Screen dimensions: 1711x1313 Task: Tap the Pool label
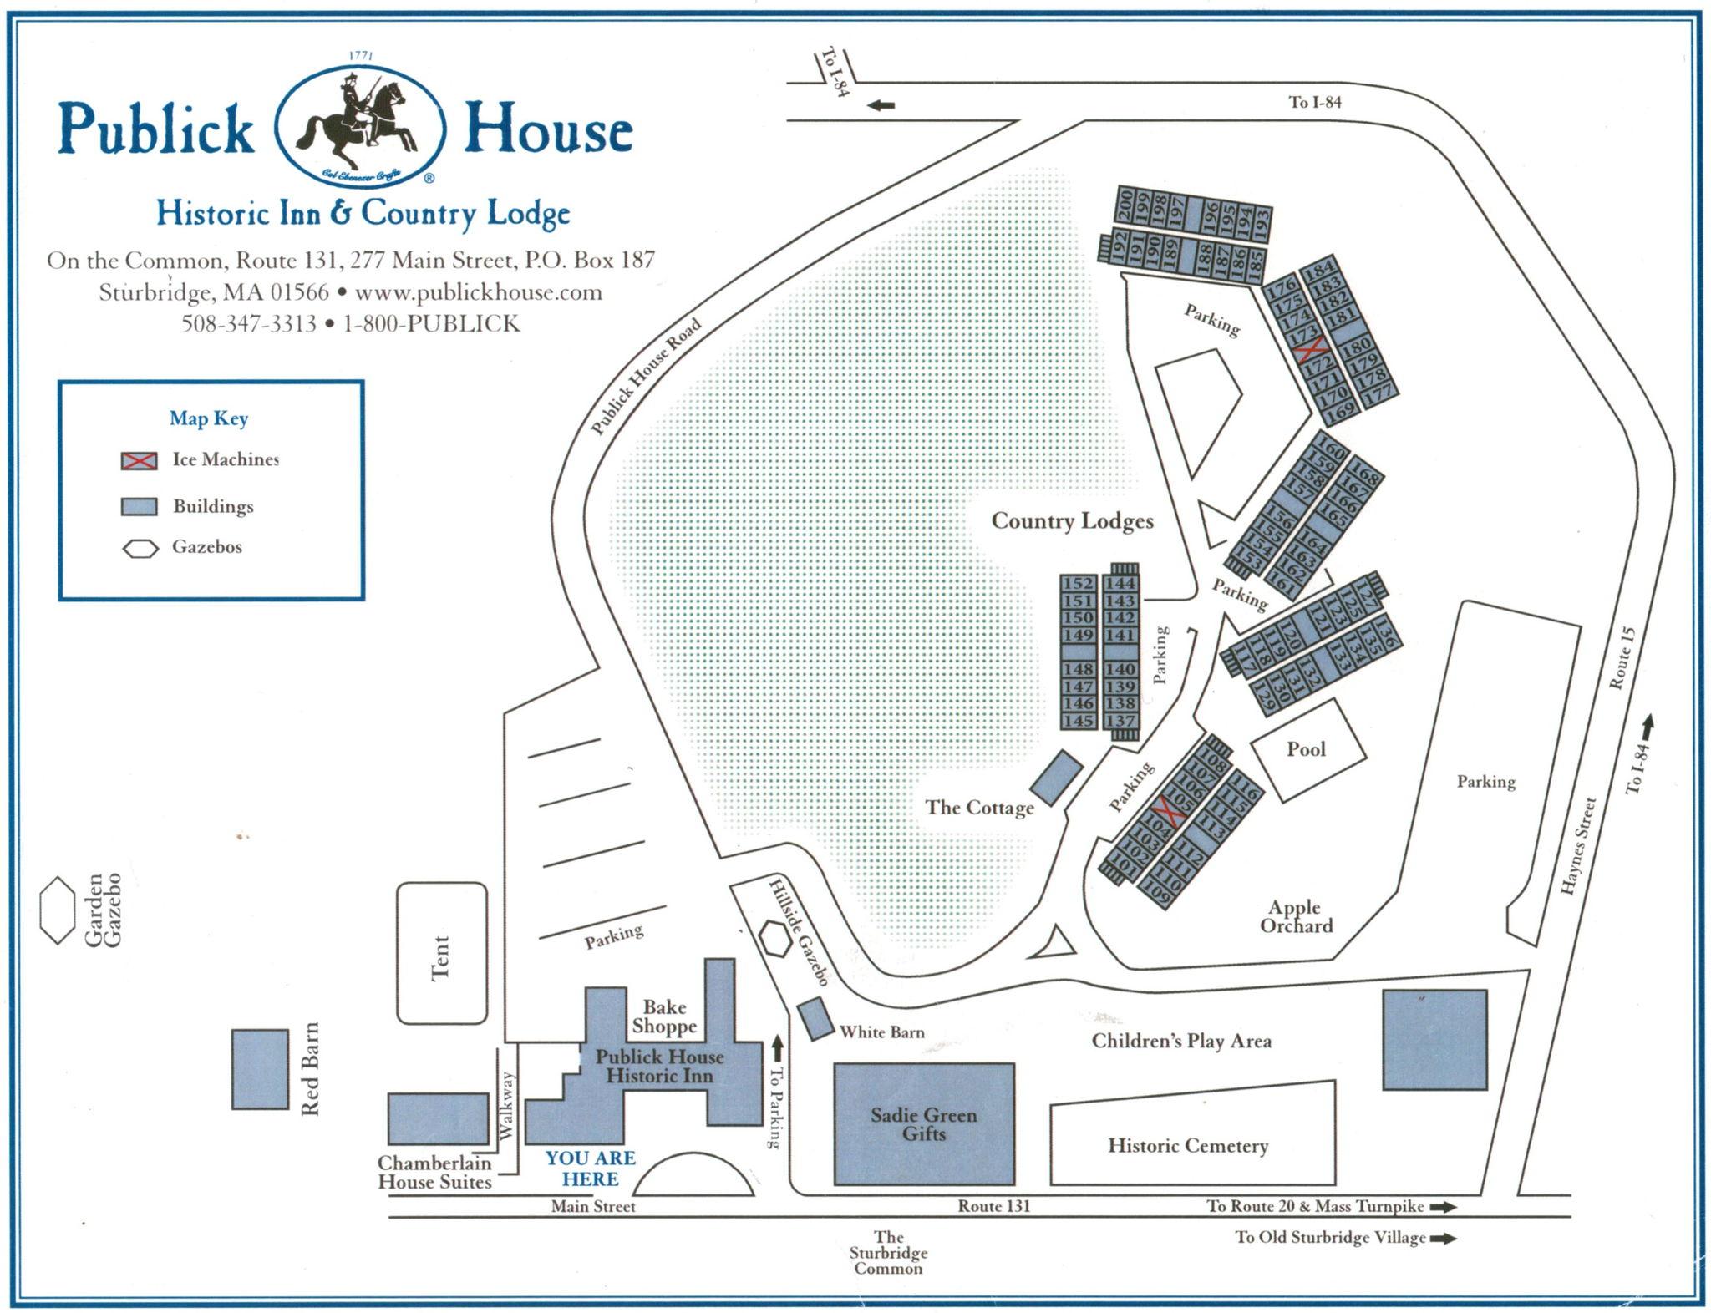(1306, 749)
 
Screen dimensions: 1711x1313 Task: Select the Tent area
(442, 953)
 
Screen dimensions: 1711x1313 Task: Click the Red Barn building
(260, 1069)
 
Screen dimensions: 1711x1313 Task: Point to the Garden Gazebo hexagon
(58, 910)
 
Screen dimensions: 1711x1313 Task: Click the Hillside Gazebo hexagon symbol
(776, 940)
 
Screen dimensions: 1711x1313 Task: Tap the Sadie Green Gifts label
(923, 1124)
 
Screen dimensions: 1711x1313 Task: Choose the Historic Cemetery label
(1188, 1145)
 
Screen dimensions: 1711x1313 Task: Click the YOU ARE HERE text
(591, 1169)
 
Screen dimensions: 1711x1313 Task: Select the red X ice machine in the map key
(139, 460)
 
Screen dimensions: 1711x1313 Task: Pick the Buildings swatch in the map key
(139, 507)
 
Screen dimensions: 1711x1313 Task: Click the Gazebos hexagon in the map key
(140, 549)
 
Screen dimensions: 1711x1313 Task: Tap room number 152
(1078, 583)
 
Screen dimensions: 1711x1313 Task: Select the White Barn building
(815, 1018)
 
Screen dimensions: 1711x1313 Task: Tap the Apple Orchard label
(1296, 916)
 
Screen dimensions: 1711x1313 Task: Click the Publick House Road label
(646, 377)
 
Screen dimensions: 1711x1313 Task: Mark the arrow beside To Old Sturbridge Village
(1444, 1239)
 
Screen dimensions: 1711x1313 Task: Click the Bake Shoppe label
(664, 1016)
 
